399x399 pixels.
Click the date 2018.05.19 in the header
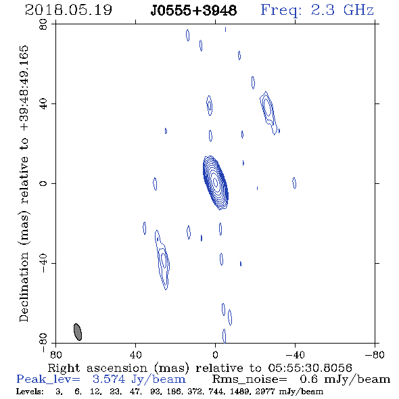(x=68, y=10)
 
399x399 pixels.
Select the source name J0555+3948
(x=193, y=11)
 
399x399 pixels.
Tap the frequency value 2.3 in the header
(x=323, y=10)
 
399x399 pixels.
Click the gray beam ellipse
(x=78, y=332)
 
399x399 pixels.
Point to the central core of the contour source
(x=215, y=182)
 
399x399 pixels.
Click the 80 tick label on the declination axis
(x=43, y=24)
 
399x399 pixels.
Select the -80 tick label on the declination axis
(x=43, y=342)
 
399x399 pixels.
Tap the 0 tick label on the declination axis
(x=43, y=183)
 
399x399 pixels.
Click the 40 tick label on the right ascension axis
(x=135, y=354)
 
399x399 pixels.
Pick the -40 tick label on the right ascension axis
(x=295, y=354)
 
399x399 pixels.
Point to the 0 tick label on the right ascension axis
(x=215, y=354)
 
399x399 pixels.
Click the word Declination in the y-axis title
(x=24, y=287)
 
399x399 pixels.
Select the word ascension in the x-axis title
(x=117, y=369)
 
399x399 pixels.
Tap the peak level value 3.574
(x=109, y=379)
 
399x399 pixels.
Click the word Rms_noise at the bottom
(x=250, y=379)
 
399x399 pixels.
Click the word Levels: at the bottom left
(x=30, y=391)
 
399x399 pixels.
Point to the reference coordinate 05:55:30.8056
(x=310, y=368)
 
